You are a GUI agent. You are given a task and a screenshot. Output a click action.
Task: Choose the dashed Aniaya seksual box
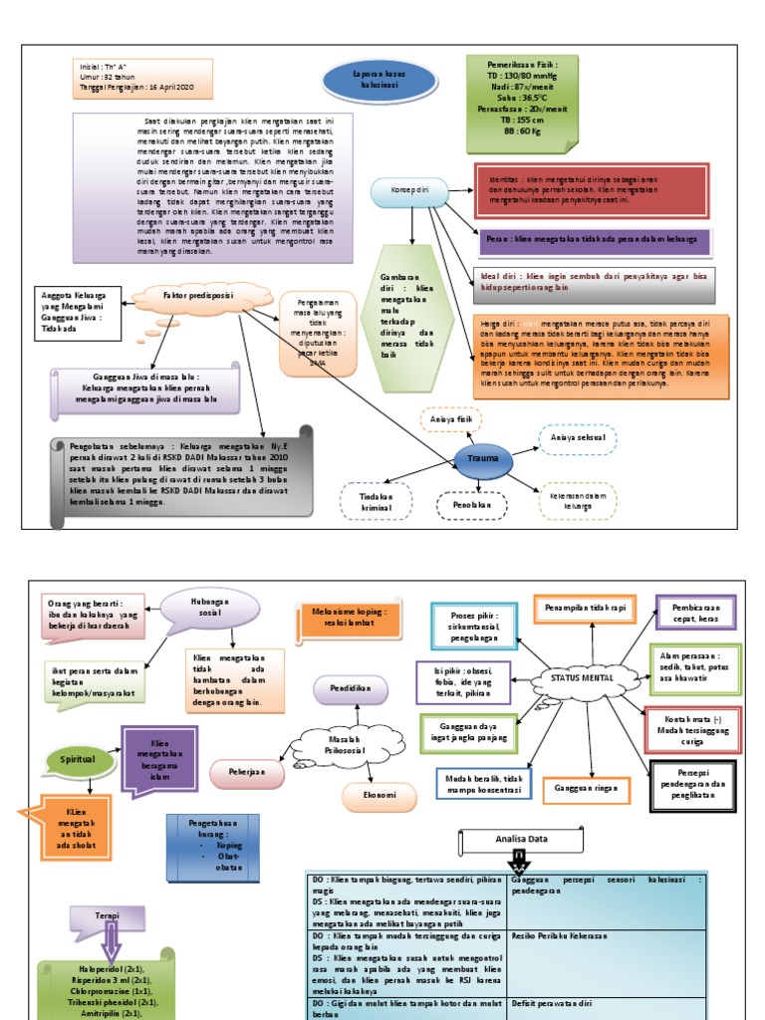pos(577,439)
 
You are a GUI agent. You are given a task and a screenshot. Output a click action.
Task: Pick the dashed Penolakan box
pos(472,506)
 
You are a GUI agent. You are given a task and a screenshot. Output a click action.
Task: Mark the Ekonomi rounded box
pos(380,796)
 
